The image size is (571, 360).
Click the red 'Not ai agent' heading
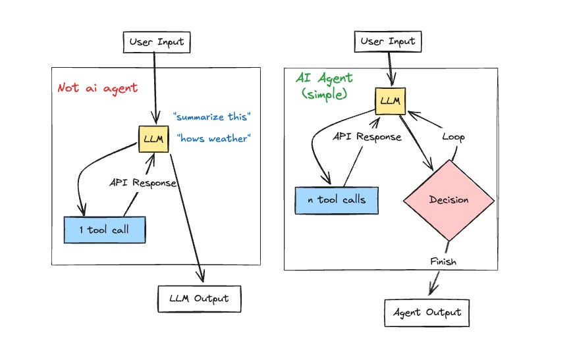(x=97, y=88)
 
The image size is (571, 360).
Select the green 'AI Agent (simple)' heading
(x=324, y=86)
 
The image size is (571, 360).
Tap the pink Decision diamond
(x=449, y=200)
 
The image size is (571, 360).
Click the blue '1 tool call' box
(x=105, y=230)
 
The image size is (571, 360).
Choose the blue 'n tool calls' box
(x=337, y=200)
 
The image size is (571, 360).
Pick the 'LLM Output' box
(x=199, y=299)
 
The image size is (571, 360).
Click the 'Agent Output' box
(x=427, y=313)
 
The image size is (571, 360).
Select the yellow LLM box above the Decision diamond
(x=391, y=101)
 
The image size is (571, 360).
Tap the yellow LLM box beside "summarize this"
(x=153, y=139)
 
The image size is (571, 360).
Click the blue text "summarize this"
(x=212, y=117)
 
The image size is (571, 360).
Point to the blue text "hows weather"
(x=214, y=138)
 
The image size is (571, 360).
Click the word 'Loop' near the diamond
(x=453, y=137)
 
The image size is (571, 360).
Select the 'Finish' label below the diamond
(x=443, y=261)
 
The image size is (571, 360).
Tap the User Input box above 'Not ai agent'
(x=157, y=42)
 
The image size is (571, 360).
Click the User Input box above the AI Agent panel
(x=388, y=41)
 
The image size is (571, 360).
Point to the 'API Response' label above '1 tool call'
(x=143, y=182)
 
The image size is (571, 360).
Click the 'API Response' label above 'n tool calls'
(x=367, y=136)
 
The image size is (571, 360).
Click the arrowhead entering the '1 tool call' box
(x=82, y=211)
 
